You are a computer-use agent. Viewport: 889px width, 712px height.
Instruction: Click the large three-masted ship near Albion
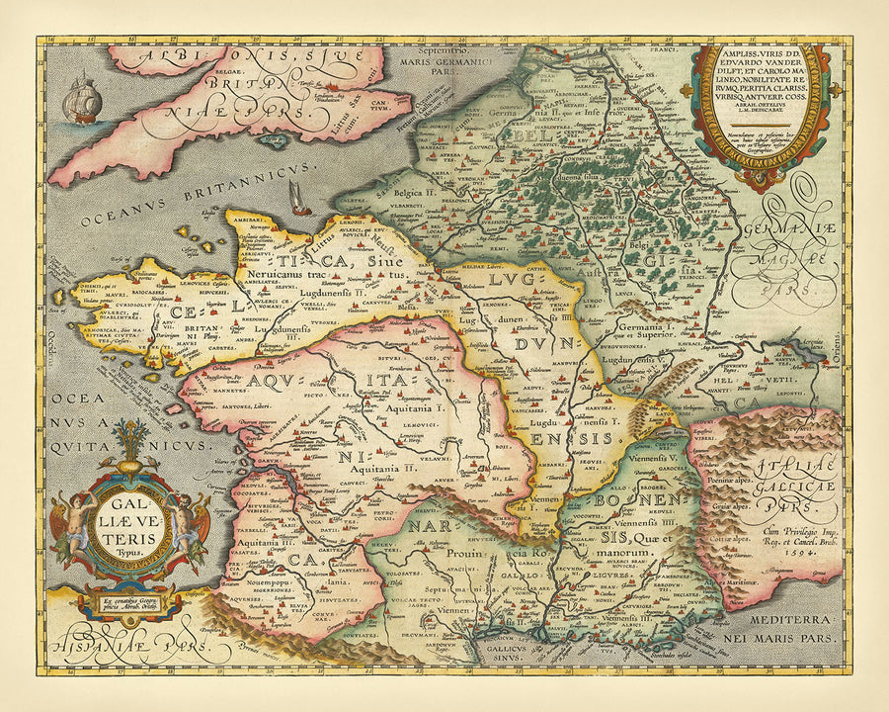(79, 99)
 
